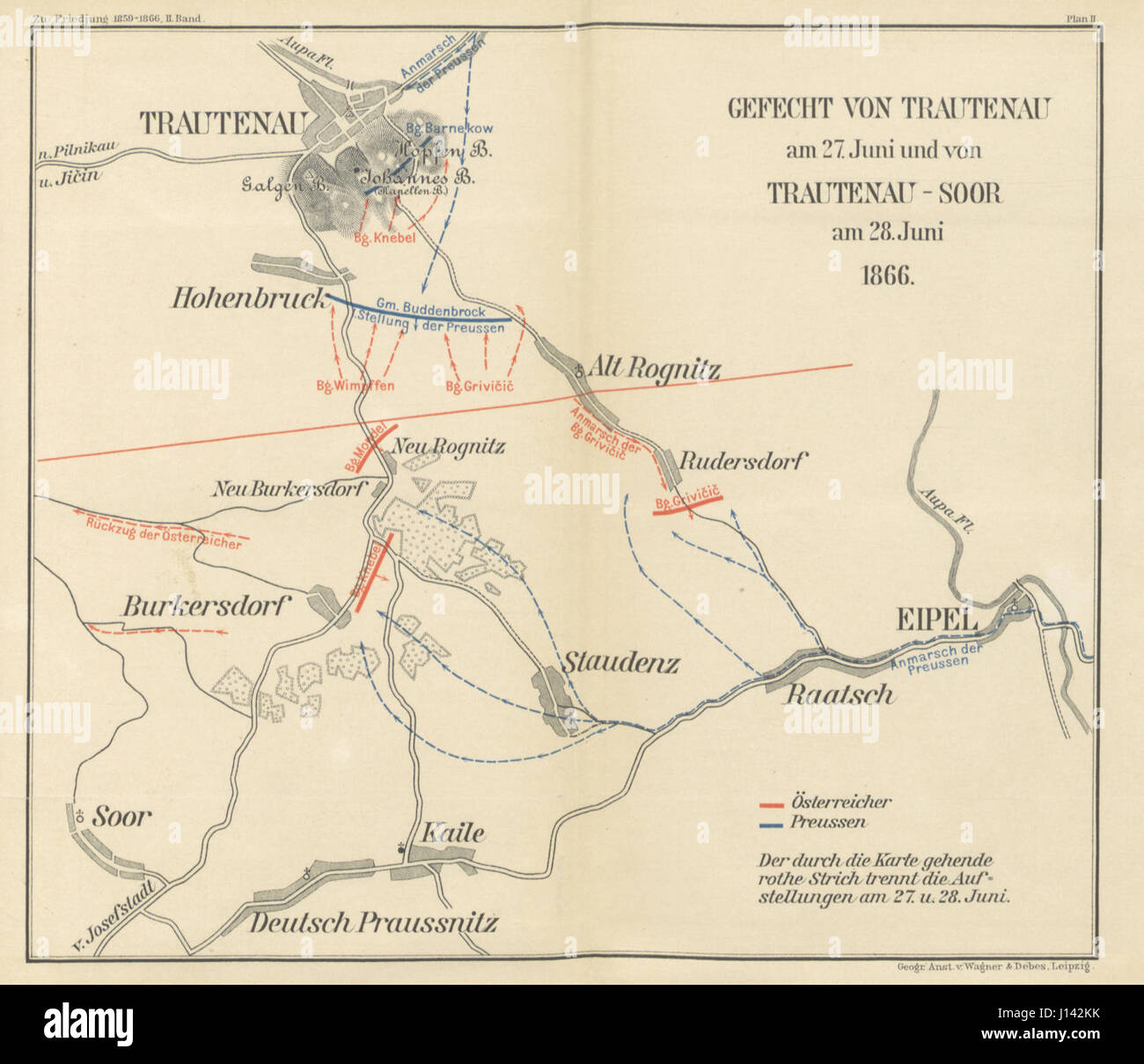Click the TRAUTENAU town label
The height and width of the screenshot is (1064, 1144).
[x=221, y=123]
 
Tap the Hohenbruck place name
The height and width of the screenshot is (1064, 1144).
[x=248, y=299]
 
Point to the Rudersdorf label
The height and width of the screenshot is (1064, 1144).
[x=743, y=462]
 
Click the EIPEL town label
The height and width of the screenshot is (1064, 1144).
[x=936, y=620]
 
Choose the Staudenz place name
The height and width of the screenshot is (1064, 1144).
[x=620, y=662]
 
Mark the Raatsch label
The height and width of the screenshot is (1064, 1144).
[x=839, y=694]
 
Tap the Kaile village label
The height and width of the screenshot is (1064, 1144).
[x=453, y=832]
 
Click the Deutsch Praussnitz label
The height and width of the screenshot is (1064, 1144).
[x=373, y=922]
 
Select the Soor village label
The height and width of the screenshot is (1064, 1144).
[x=121, y=817]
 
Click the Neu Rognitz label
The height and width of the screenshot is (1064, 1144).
[x=448, y=447]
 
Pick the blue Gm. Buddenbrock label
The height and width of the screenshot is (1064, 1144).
[x=430, y=311]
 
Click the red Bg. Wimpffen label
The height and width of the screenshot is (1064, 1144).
[x=356, y=385]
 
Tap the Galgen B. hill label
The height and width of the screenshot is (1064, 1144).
[x=273, y=185]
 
